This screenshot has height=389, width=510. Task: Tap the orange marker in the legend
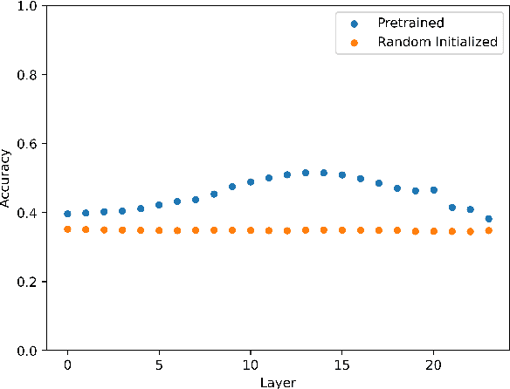pyautogui.click(x=354, y=41)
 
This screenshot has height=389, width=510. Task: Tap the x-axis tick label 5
pyautogui.click(x=159, y=364)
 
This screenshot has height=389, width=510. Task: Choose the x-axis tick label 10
pyautogui.click(x=251, y=364)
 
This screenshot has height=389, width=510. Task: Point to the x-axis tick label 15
pyautogui.click(x=342, y=364)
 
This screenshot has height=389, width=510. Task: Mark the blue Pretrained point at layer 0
pyautogui.click(x=67, y=214)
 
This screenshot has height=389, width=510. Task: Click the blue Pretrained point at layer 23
pyautogui.click(x=488, y=219)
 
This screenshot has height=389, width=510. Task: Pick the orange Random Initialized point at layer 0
pyautogui.click(x=67, y=229)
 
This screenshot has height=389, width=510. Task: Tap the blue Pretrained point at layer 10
pyautogui.click(x=251, y=182)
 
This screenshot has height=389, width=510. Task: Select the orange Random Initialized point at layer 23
pyautogui.click(x=488, y=230)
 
